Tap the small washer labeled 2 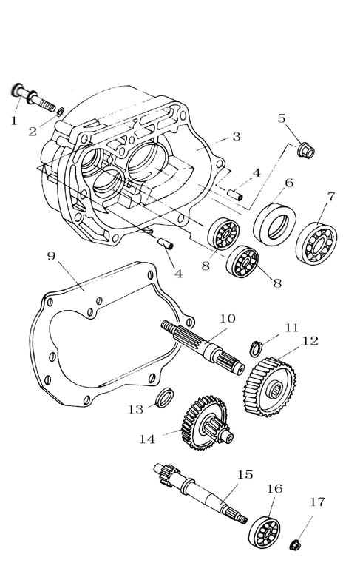(x=61, y=111)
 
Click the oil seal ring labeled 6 (x=275, y=223)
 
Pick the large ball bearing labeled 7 (x=316, y=243)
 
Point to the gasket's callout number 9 (x=52, y=255)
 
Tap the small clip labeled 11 (x=256, y=349)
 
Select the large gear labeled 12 (x=270, y=387)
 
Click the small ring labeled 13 (x=164, y=397)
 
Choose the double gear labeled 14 (x=207, y=422)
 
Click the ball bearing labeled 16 (x=264, y=532)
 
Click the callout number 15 (x=245, y=475)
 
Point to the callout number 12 (x=310, y=341)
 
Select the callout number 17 (x=318, y=502)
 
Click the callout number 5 (x=282, y=118)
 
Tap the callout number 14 (x=147, y=439)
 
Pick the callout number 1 (x=14, y=121)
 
